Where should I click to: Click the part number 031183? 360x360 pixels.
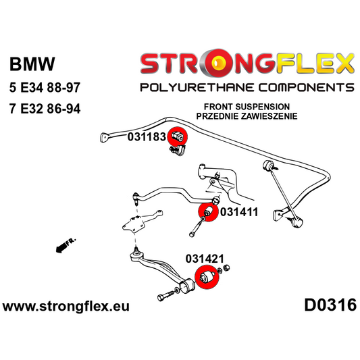[147, 137]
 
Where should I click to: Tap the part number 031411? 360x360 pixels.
[239, 212]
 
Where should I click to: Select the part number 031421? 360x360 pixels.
[205, 259]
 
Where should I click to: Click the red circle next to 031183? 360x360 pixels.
[178, 136]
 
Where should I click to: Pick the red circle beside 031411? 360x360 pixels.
[208, 211]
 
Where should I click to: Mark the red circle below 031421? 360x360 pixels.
[207, 276]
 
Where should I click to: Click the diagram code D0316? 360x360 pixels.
[330, 305]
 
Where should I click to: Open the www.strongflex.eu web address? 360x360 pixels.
[66, 307]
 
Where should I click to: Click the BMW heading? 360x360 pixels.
[32, 63]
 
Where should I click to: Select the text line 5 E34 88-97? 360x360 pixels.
[45, 88]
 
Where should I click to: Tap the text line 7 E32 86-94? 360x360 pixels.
[45, 109]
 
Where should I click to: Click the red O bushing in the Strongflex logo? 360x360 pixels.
[217, 63]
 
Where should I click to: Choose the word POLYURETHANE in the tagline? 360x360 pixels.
[197, 88]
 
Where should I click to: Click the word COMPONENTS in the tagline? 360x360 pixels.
[306, 88]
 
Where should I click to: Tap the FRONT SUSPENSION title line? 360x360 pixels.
[247, 107]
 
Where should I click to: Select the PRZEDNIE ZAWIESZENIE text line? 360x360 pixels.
[247, 116]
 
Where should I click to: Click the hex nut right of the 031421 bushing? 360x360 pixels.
[226, 267]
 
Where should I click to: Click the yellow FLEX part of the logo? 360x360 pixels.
[315, 63]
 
